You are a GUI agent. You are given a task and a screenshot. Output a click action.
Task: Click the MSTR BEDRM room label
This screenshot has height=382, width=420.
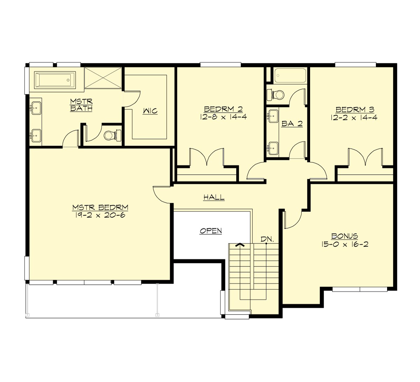[x=100, y=207]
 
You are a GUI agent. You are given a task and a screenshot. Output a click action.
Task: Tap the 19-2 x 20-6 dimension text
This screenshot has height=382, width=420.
[x=100, y=215]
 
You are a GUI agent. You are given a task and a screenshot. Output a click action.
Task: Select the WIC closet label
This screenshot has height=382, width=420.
[x=150, y=111]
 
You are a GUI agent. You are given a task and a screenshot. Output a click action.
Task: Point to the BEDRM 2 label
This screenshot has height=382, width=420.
[x=223, y=109]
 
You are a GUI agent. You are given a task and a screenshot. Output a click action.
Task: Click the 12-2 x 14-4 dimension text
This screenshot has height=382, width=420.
[x=354, y=117]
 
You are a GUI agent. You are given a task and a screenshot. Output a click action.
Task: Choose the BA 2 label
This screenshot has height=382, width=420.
[x=292, y=123]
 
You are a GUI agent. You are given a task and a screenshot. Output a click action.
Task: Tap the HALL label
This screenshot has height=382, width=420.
[x=214, y=197]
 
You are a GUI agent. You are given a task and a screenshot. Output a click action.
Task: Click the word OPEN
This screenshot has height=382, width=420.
[x=211, y=231]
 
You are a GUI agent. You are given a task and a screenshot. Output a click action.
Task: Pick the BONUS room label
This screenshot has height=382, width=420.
[x=345, y=236]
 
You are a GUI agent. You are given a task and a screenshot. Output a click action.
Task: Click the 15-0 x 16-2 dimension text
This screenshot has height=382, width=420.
[x=345, y=244]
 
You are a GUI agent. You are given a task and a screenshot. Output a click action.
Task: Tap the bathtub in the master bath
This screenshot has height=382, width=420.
[x=55, y=80]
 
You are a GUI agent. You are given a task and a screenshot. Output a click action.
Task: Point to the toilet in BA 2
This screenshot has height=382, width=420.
[x=276, y=95]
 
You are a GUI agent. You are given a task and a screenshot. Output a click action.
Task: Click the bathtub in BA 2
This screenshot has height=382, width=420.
[x=290, y=76]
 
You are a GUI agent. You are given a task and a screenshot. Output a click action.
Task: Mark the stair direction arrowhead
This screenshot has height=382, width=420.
[x=240, y=245]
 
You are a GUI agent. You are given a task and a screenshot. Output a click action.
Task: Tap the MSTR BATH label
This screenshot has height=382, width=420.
[x=81, y=105]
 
